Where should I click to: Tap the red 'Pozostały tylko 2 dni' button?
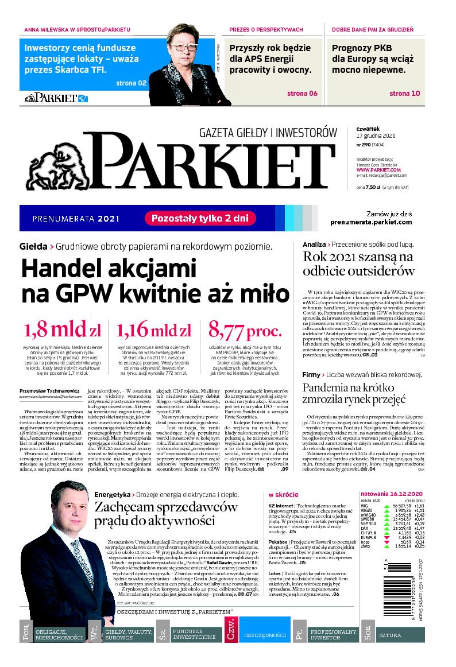click(199, 218)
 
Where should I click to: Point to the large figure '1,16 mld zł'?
click(153, 331)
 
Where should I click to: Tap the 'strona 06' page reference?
click(302, 94)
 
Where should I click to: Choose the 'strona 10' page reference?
click(405, 94)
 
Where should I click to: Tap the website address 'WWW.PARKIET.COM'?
click(378, 170)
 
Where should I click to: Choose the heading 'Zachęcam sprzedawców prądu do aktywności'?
click(166, 513)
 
